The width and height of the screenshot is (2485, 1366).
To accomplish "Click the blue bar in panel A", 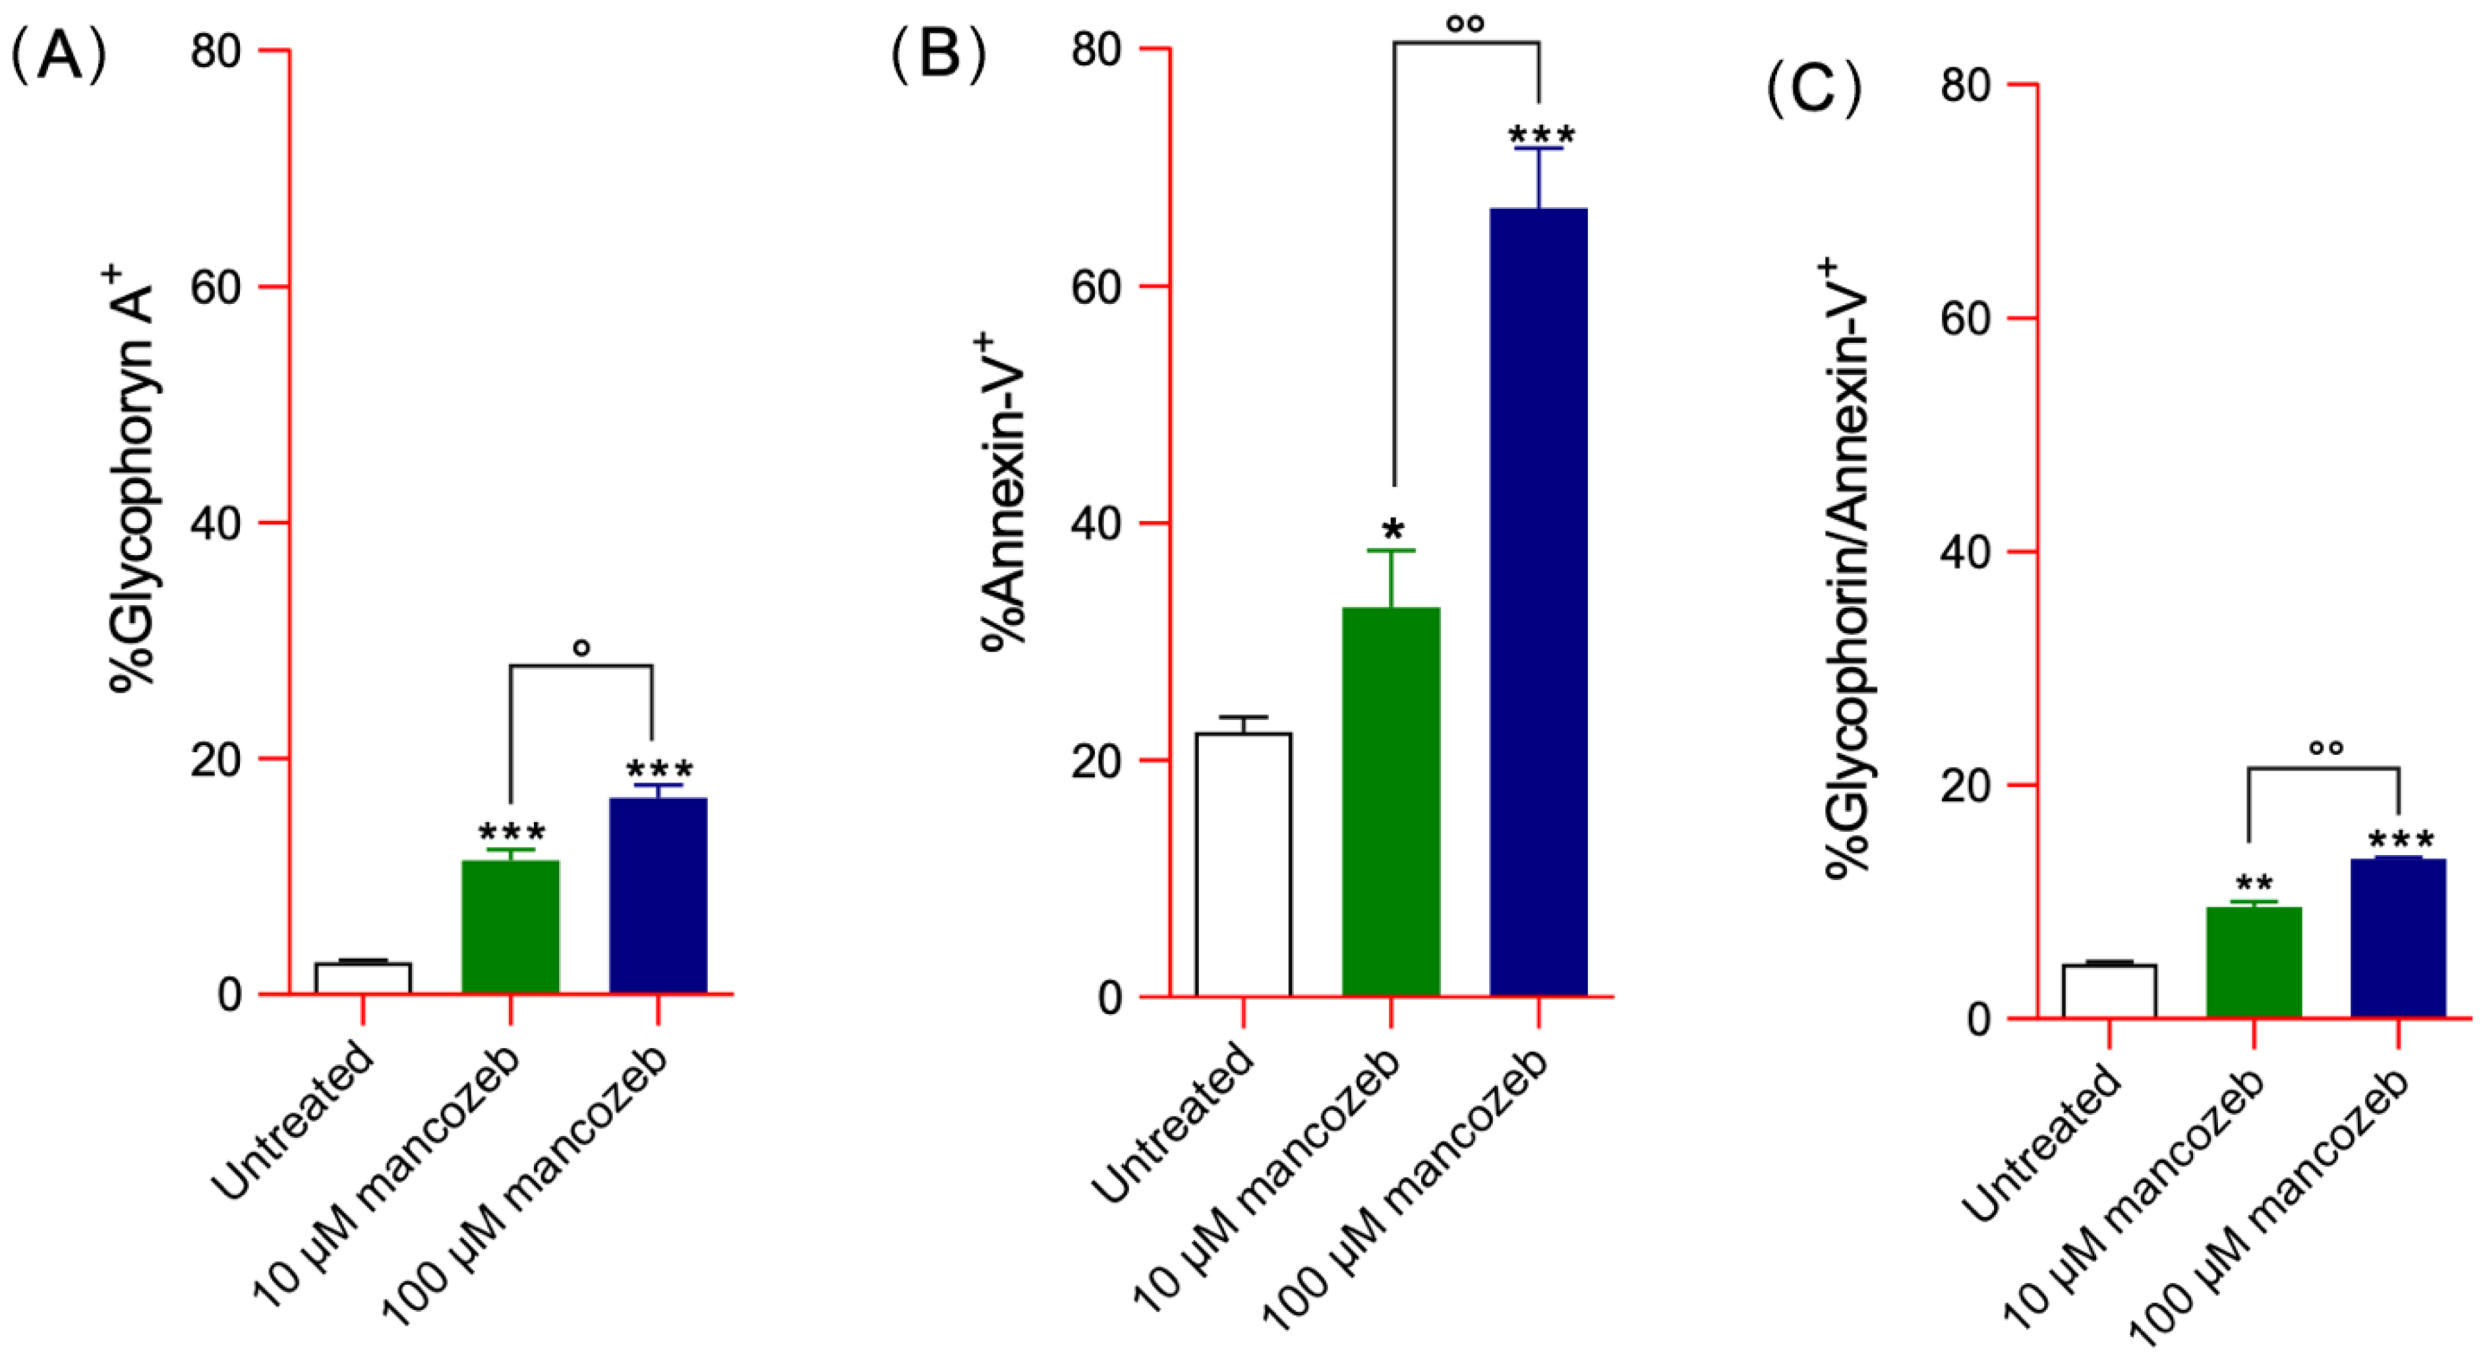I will [x=658, y=895].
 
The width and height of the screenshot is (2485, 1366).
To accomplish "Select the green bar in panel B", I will [x=1390, y=802].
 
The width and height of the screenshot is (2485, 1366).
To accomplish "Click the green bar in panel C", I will [x=2254, y=962].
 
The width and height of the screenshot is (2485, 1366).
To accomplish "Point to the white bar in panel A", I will [x=363, y=977].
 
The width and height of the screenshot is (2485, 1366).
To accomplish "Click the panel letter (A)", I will [x=58, y=56].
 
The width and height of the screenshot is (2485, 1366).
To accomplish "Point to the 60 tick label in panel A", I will [x=214, y=287].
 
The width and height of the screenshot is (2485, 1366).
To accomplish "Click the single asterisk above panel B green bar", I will [x=1393, y=529].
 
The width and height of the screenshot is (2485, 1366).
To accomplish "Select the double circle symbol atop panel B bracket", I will [x=1465, y=23].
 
